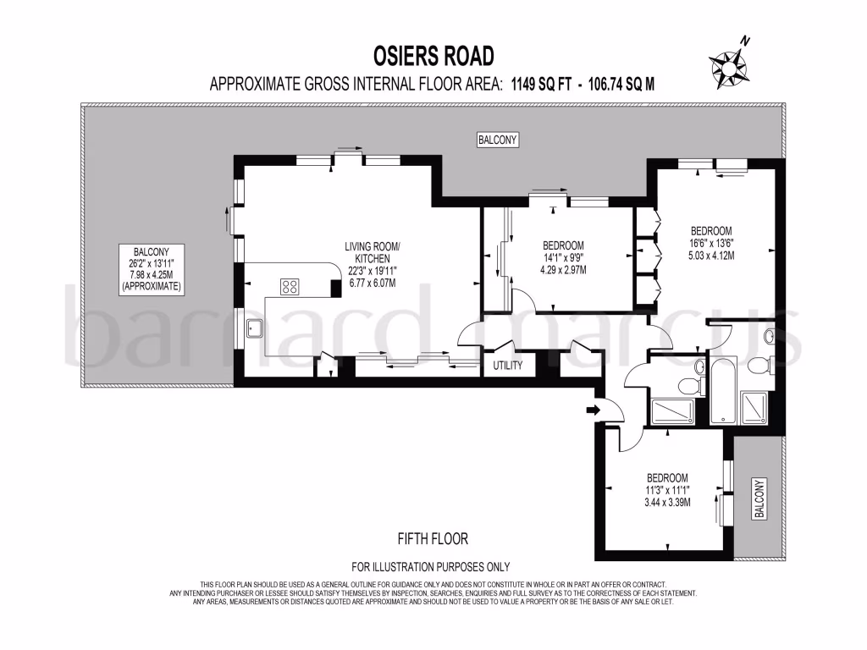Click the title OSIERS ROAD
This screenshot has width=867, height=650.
click(x=433, y=56)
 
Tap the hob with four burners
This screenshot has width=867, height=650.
click(x=290, y=286)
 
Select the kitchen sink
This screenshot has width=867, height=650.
click(x=253, y=328)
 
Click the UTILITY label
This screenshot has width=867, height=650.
click(x=508, y=366)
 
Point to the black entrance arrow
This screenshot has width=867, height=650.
click(x=592, y=410)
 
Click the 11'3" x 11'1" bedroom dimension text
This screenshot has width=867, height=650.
click(x=668, y=490)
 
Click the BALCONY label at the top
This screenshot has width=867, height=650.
click(x=497, y=140)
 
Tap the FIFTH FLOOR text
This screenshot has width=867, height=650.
click(x=432, y=538)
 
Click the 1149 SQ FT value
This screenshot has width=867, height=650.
click(x=542, y=83)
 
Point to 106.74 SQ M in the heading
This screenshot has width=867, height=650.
click(x=622, y=83)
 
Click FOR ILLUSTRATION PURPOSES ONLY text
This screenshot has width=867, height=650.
click(x=431, y=567)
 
